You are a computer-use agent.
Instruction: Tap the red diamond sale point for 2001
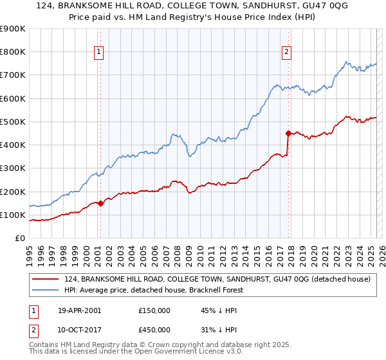click(x=100, y=203)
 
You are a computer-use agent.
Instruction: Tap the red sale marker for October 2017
click(x=288, y=133)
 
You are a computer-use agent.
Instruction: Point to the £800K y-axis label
click(x=13, y=52)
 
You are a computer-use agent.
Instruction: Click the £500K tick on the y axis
click(x=13, y=122)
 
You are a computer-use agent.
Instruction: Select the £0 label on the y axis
click(x=19, y=238)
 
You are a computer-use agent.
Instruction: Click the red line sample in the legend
click(x=46, y=280)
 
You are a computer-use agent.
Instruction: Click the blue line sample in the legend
click(x=46, y=290)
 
